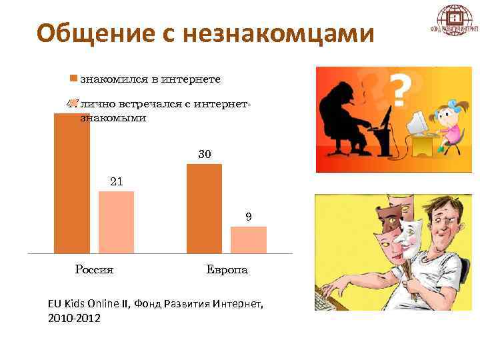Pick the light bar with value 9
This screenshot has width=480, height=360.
coord(248,240)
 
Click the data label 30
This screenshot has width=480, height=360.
coord(205,154)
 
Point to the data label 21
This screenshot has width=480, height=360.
coord(116,181)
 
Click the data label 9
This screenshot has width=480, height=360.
coord(248,217)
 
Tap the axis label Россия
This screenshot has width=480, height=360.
coord(94,270)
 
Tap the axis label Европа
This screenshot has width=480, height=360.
coord(227,270)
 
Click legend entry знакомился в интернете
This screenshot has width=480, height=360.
coord(150,79)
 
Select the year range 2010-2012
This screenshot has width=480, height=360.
coord(74,319)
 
